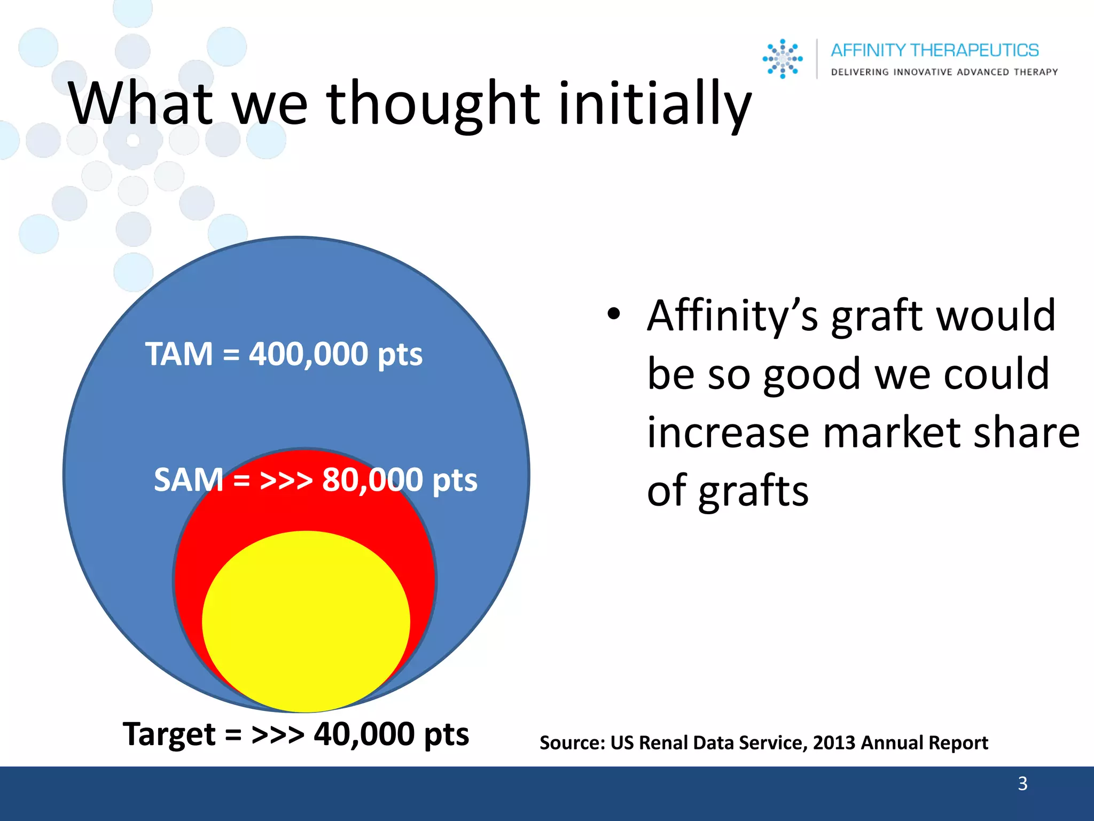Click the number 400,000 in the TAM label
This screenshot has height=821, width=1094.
click(x=308, y=354)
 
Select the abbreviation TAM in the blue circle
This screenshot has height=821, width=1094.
click(x=179, y=354)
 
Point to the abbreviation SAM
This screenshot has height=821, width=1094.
click(x=188, y=479)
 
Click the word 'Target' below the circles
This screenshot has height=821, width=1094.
click(x=169, y=734)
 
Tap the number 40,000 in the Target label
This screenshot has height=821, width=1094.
click(x=364, y=734)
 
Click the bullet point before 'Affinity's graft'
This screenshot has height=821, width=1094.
click(x=613, y=314)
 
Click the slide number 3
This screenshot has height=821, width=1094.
click(x=1022, y=784)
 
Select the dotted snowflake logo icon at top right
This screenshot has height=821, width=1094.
click(x=783, y=59)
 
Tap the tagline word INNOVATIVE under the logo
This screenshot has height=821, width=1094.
click(x=923, y=72)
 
